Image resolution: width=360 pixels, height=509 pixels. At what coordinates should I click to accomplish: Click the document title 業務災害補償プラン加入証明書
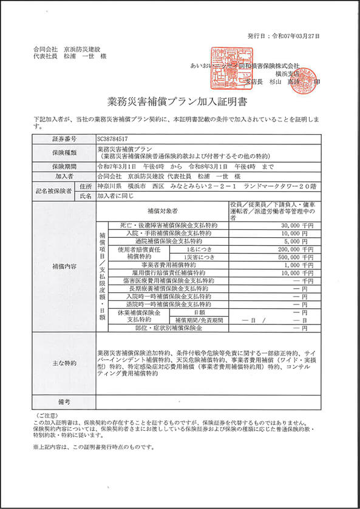point(180,99)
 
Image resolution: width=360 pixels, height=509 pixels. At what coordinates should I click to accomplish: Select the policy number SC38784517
point(114,138)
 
